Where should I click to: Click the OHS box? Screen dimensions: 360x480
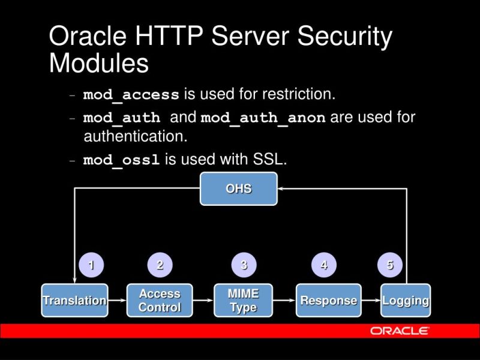click(238, 189)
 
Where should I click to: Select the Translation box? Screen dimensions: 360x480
click(74, 301)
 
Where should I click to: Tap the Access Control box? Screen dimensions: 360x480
click(160, 301)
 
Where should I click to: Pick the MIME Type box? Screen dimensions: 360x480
click(243, 301)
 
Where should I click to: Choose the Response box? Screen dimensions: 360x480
click(329, 301)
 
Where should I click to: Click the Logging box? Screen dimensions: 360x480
click(406, 301)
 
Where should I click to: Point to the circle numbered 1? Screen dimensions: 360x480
click(91, 265)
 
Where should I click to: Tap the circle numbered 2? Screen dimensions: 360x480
click(160, 265)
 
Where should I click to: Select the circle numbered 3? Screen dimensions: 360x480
click(244, 265)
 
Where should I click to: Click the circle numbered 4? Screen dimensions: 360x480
click(324, 265)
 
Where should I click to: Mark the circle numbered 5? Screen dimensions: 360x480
click(390, 265)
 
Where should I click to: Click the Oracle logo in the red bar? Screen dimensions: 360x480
click(399, 331)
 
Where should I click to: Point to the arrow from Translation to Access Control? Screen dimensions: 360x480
click(118, 301)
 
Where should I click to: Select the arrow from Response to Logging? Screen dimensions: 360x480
click(371, 301)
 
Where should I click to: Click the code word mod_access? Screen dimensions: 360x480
click(131, 95)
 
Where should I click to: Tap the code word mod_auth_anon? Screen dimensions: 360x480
click(263, 118)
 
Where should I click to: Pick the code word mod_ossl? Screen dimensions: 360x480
click(121, 161)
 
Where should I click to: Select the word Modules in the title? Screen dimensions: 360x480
click(99, 63)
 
